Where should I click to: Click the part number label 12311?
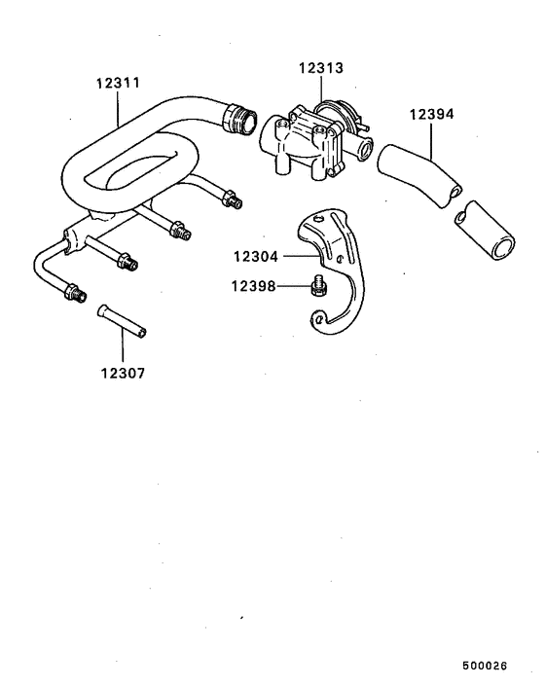tap(118, 83)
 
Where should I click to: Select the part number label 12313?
tap(321, 68)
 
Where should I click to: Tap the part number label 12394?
tap(431, 114)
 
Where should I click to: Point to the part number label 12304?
tap(256, 256)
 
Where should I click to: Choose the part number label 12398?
tap(254, 286)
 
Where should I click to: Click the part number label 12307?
tap(123, 373)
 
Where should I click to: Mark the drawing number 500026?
tap(485, 666)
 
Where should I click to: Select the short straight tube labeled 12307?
tap(122, 321)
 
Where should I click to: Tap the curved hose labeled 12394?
tap(418, 175)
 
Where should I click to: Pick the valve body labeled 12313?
tap(315, 140)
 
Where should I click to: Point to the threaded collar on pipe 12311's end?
tap(239, 118)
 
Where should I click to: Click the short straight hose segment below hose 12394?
tap(485, 230)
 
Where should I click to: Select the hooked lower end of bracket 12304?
tap(326, 321)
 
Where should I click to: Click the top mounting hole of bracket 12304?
tap(318, 217)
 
